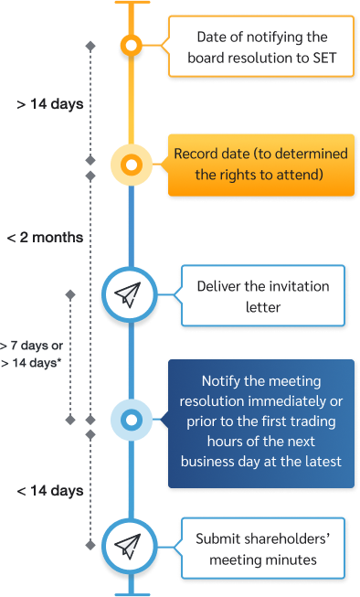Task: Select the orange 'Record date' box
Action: click(x=261, y=165)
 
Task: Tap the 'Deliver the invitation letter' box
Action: click(x=262, y=296)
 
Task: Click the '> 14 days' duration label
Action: click(x=50, y=103)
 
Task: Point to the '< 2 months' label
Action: click(x=45, y=237)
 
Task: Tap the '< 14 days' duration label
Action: click(x=50, y=491)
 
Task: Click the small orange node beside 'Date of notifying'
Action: click(x=132, y=44)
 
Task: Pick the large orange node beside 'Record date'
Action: click(x=132, y=165)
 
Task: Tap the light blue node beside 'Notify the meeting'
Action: click(x=132, y=421)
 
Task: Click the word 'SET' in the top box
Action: click(x=322, y=59)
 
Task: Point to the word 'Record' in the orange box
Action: click(x=196, y=155)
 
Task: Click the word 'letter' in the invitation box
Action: click(x=262, y=307)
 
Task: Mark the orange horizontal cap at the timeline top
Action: click(x=132, y=4)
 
